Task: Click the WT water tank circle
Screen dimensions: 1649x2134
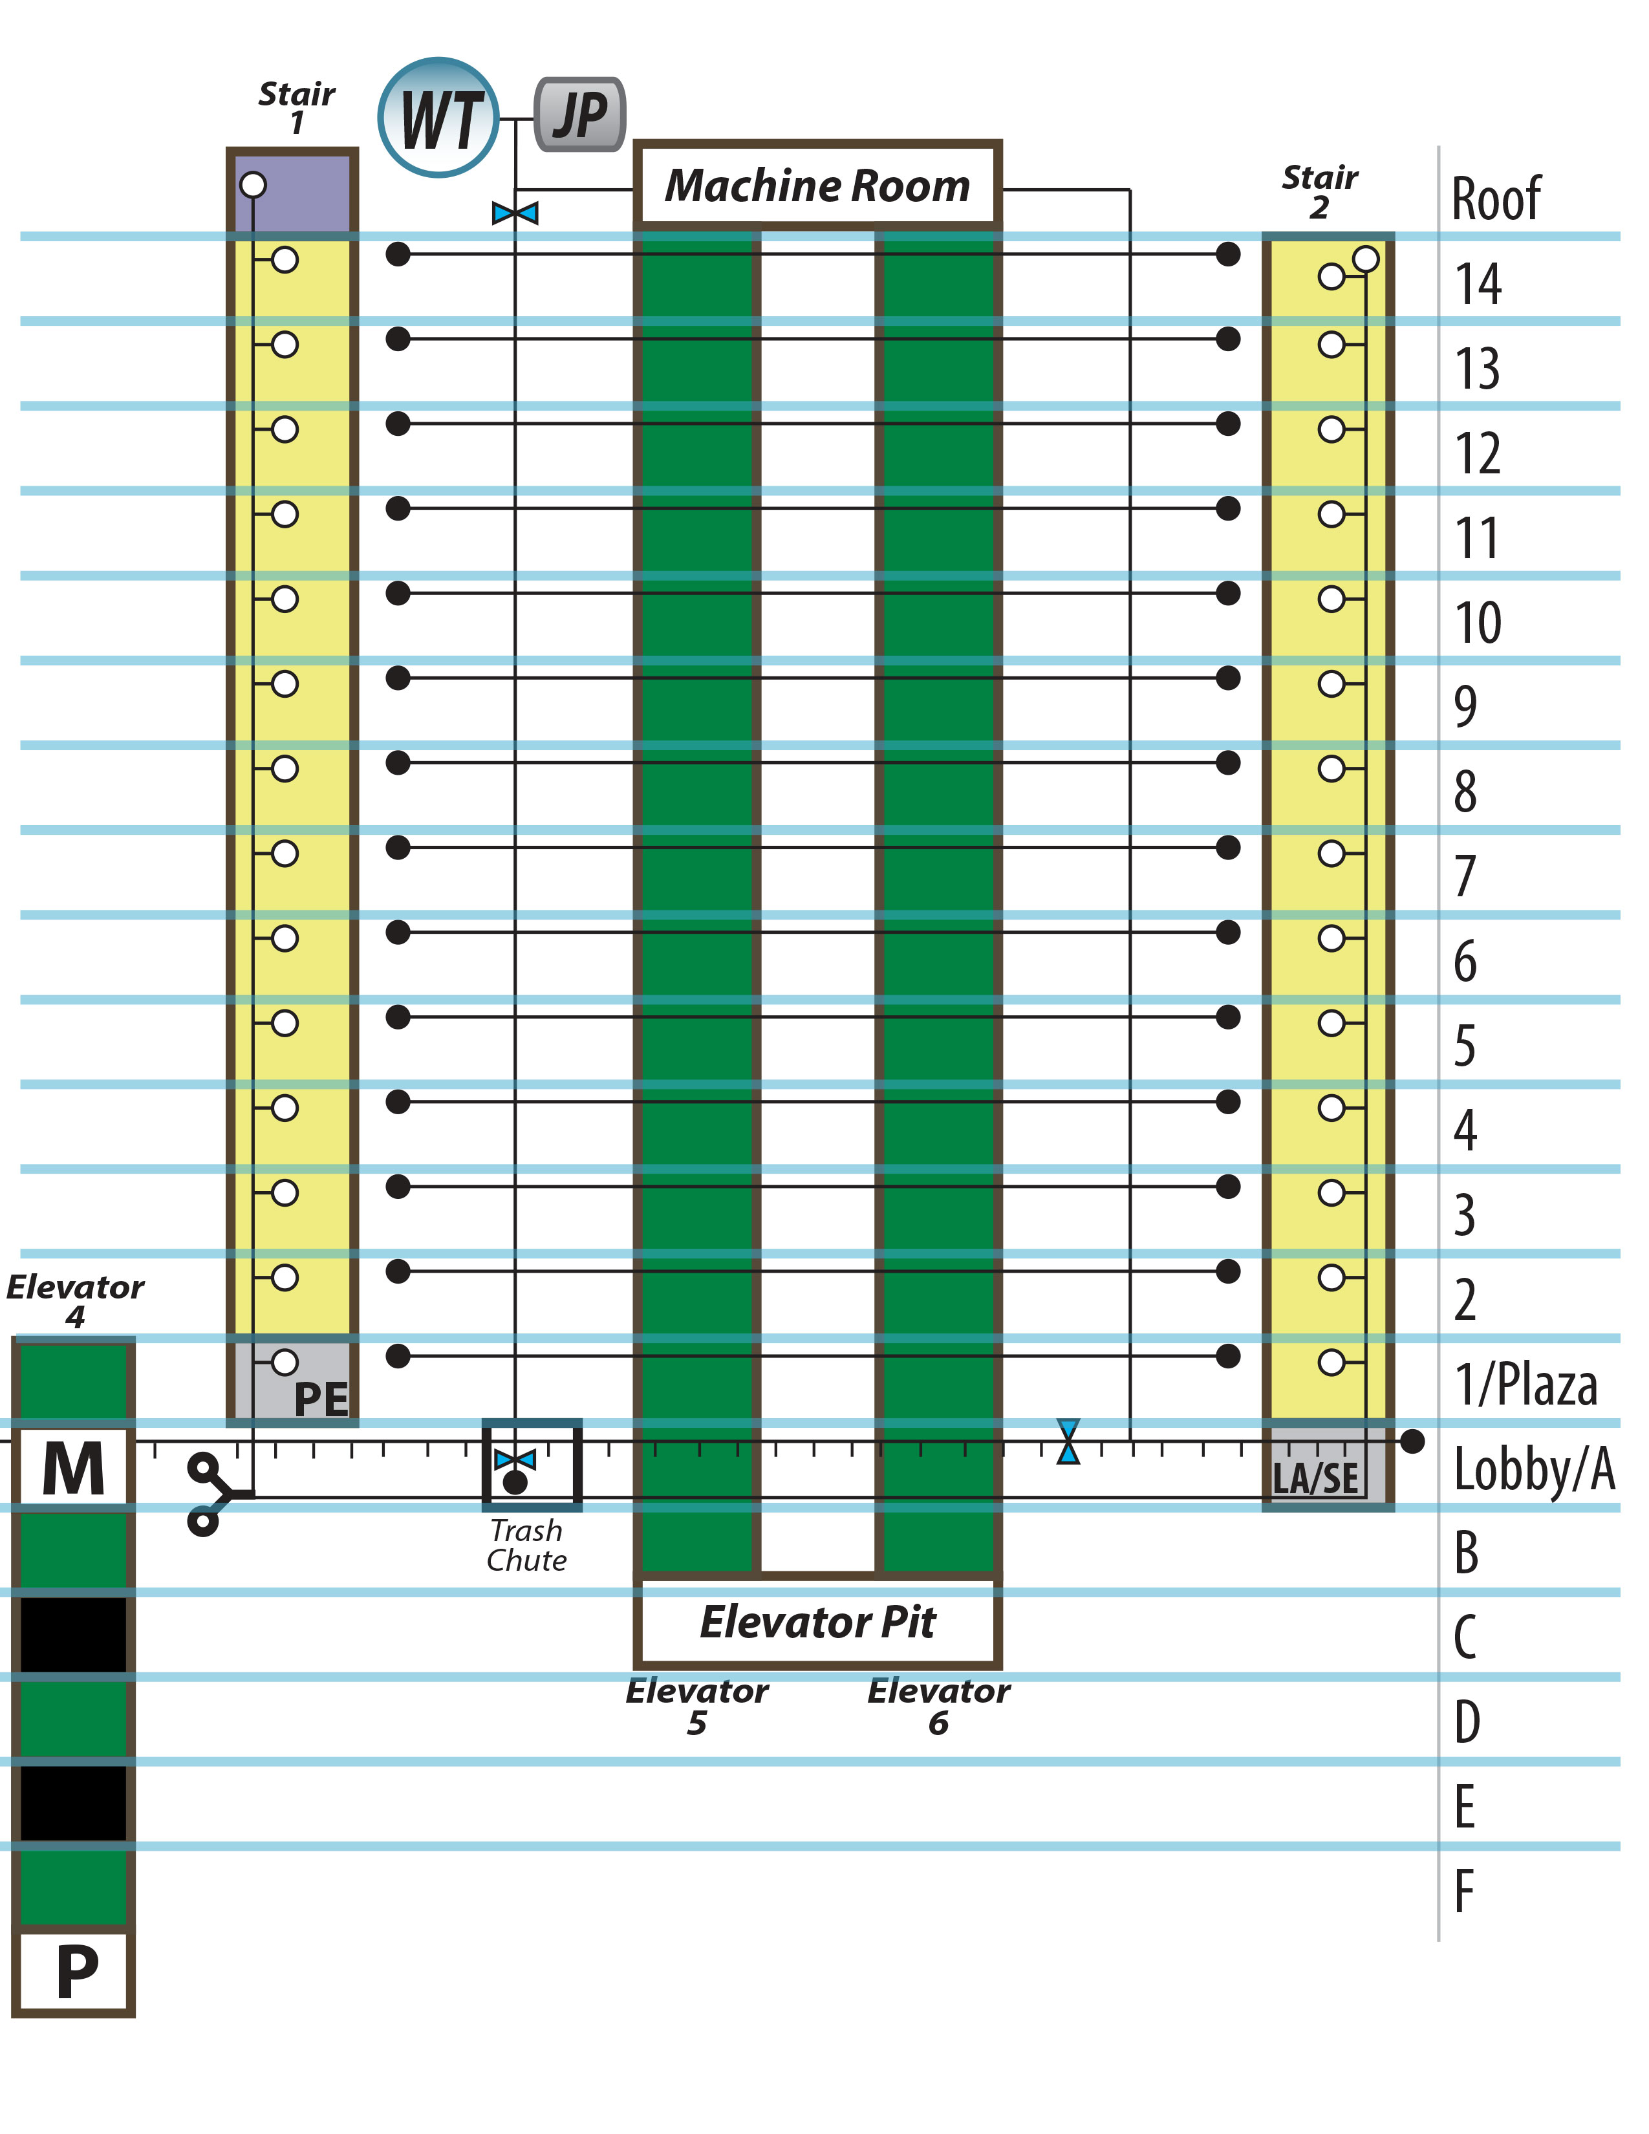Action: coord(438,117)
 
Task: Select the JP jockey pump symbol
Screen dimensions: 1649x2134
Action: coord(580,114)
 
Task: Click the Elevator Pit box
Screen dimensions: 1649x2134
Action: coord(817,1621)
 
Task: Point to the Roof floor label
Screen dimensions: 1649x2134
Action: coord(1496,199)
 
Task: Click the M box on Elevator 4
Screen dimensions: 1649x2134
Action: coord(73,1469)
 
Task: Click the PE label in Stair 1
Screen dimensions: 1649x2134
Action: coord(321,1399)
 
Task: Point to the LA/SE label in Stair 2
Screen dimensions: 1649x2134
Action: coord(1316,1478)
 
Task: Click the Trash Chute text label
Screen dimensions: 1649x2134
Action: coord(526,1545)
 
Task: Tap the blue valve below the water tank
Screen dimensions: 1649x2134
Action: coord(515,212)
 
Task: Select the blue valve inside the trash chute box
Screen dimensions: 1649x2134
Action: coord(515,1460)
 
